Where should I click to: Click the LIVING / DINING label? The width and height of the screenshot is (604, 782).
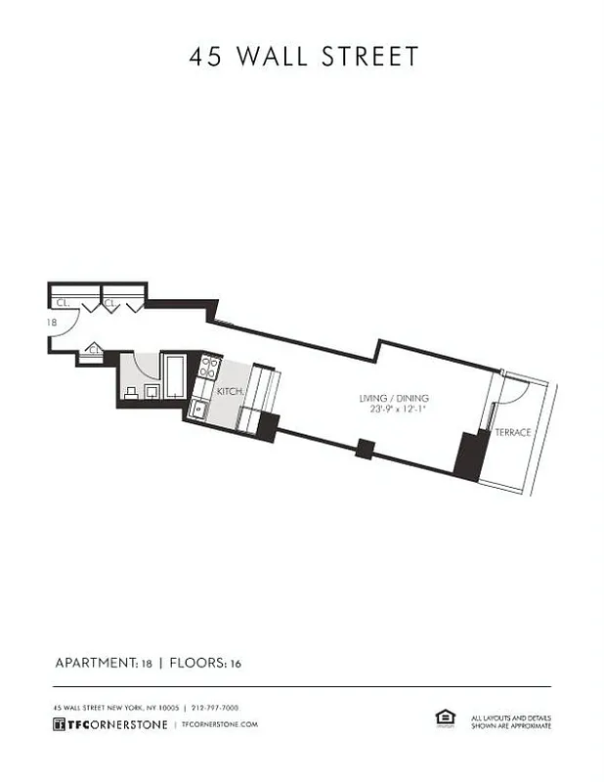[394, 398]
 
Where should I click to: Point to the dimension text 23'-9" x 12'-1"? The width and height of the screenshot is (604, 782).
[394, 411]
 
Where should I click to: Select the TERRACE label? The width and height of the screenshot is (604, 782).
[513, 431]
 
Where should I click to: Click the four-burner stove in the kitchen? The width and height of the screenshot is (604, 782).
[209, 368]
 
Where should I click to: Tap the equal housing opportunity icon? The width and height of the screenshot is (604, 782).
[445, 719]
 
